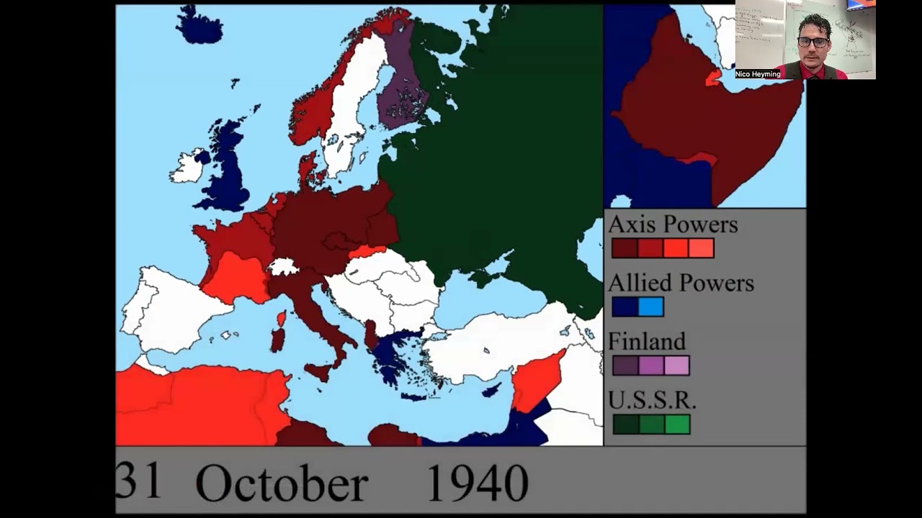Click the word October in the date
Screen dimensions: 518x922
pos(282,484)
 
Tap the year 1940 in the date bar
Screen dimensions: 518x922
pos(477,483)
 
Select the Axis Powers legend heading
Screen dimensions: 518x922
pos(673,224)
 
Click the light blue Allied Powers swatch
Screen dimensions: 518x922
pos(650,307)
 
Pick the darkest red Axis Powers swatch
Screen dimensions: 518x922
pos(624,249)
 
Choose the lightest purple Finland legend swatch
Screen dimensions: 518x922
pos(676,365)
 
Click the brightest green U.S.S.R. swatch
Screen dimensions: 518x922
pos(677,424)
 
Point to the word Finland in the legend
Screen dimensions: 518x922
pos(647,341)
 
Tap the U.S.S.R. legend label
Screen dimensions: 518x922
pos(652,400)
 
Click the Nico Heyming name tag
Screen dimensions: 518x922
pos(758,74)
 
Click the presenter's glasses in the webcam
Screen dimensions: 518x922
pos(813,42)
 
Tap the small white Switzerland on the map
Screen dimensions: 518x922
pos(282,267)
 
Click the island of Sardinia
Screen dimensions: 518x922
pos(277,340)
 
